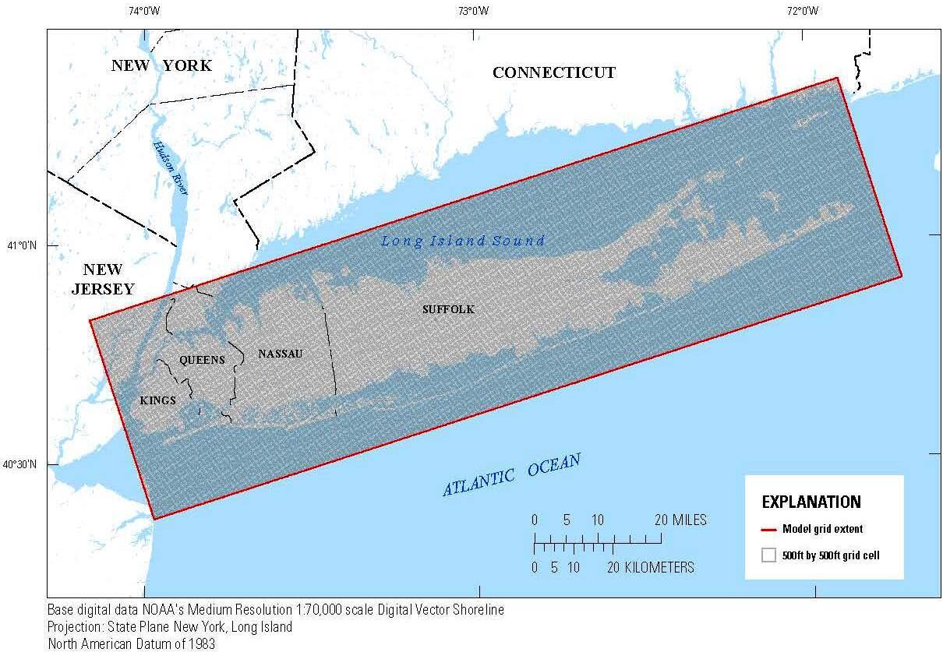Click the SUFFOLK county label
click(448, 309)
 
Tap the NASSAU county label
click(280, 354)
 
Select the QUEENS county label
click(202, 360)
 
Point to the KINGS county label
click(157, 400)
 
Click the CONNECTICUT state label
click(553, 72)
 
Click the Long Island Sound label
click(462, 241)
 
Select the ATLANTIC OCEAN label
click(511, 475)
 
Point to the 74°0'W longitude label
click(144, 11)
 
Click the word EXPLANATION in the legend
click(811, 502)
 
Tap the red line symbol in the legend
click(768, 529)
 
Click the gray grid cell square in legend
click(768, 555)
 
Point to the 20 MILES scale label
click(680, 520)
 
